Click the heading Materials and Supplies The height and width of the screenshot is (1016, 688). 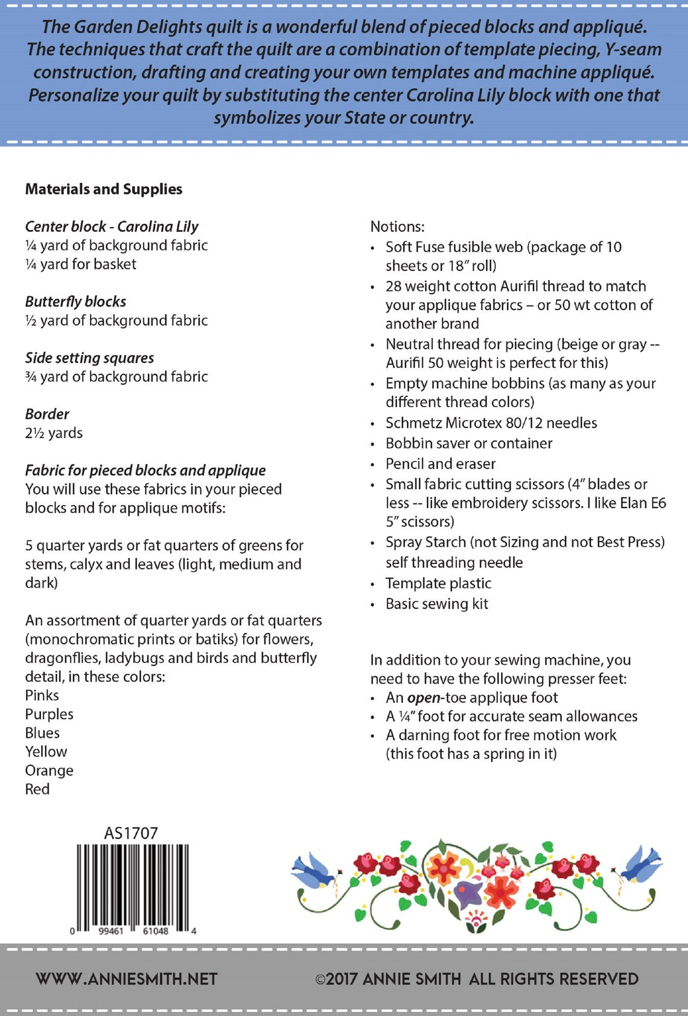point(103,189)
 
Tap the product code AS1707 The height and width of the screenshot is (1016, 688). point(131,833)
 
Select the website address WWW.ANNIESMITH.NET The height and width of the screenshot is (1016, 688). point(126,979)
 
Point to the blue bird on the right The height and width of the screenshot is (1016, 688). point(642,864)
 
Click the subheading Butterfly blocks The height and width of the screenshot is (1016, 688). point(75,302)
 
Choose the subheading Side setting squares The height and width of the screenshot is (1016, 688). point(89,358)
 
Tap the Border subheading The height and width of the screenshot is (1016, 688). point(47,414)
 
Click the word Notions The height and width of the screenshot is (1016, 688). point(397,227)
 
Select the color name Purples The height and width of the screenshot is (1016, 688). point(49,714)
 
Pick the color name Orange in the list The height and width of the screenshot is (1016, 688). point(49,770)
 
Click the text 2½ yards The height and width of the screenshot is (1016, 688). point(54,433)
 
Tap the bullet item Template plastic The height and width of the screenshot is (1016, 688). point(438,583)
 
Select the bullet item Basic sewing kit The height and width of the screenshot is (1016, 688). point(436,604)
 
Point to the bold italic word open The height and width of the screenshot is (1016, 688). point(424,698)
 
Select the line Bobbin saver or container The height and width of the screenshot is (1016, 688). point(468,443)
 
